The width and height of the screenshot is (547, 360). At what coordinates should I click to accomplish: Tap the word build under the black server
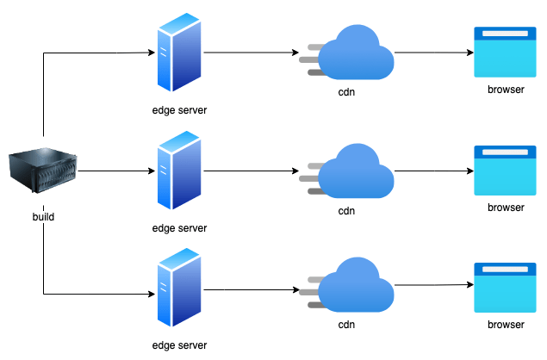click(43, 216)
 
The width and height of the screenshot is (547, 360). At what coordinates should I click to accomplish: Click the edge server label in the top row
click(179, 111)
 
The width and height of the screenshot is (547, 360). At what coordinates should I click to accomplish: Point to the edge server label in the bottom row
click(179, 345)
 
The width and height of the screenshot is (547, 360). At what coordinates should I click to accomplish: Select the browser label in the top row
click(506, 90)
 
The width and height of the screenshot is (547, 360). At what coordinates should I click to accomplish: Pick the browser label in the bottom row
click(506, 325)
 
